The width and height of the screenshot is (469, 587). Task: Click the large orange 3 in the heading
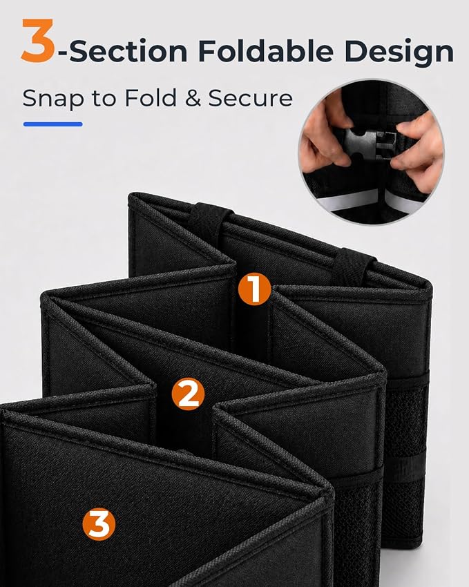tap(37, 41)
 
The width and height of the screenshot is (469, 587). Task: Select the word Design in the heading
tap(399, 52)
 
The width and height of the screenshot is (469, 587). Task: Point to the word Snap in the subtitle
tap(53, 99)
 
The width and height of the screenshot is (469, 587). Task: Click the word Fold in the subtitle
tap(151, 98)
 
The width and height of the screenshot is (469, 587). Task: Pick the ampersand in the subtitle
tap(193, 99)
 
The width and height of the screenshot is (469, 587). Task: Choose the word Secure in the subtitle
tap(251, 99)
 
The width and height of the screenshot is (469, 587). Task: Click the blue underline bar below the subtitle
tap(52, 124)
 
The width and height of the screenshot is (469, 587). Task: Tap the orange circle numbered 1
tap(254, 289)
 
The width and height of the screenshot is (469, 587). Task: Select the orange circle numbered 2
tap(188, 394)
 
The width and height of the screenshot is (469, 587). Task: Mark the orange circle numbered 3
tap(99, 523)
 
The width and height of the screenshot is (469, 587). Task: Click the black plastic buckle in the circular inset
tap(370, 146)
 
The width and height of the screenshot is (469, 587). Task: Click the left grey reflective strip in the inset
tap(352, 201)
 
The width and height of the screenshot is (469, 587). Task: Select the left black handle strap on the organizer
tap(209, 224)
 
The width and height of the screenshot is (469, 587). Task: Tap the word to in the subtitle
tap(104, 99)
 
